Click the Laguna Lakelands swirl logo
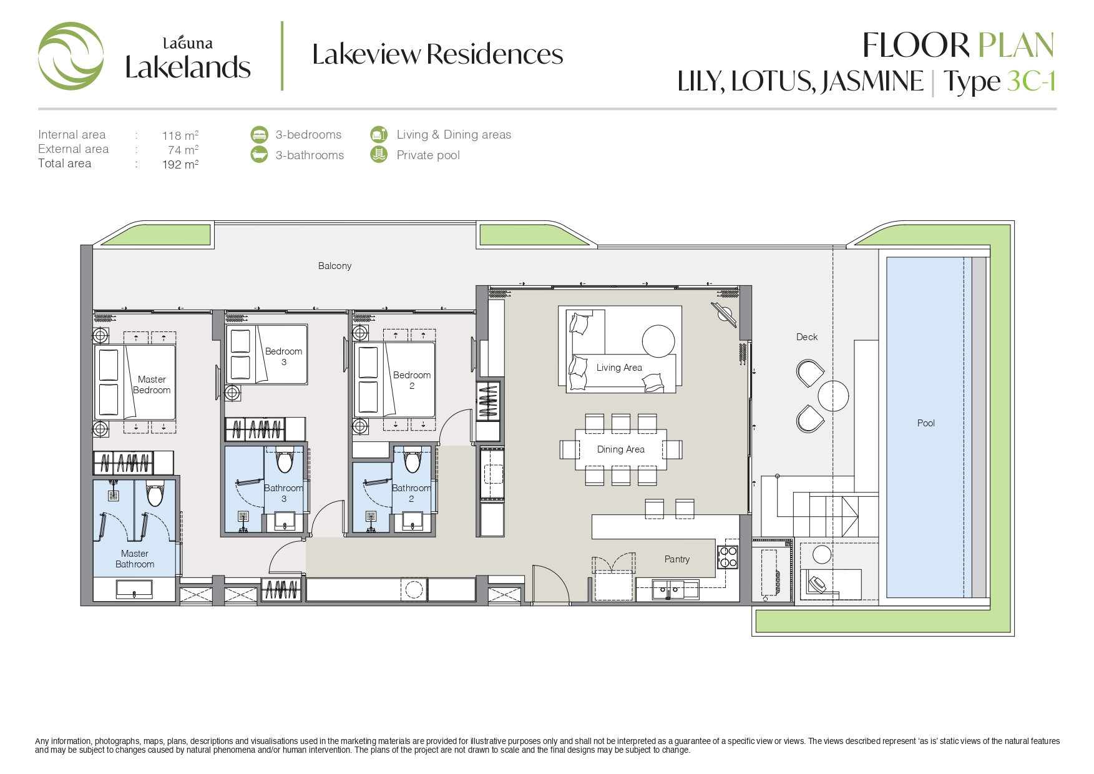point(71,56)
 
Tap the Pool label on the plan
point(926,423)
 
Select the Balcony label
point(335,266)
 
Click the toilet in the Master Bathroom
point(155,494)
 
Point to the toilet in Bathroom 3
point(285,461)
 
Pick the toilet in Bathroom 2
point(412,461)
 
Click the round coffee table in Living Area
point(658,341)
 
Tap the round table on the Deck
point(833,396)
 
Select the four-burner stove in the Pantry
point(728,557)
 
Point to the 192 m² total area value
point(180,164)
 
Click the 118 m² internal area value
point(180,135)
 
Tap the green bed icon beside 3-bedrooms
point(259,134)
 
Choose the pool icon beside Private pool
point(379,154)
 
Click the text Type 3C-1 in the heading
point(999,82)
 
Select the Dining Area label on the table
point(620,449)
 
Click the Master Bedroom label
point(152,385)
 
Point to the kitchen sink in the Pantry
point(668,589)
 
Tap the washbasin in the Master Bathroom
point(134,589)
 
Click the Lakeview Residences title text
point(437,54)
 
